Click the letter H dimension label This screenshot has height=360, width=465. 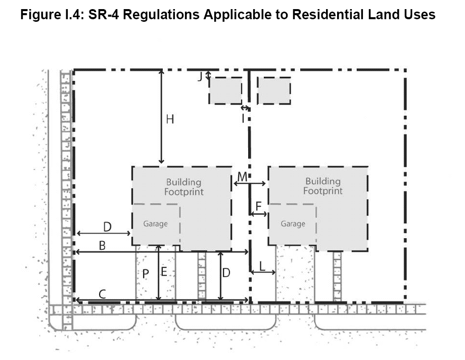point(170,119)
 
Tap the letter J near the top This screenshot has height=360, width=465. point(200,76)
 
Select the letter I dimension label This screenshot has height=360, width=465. point(243,118)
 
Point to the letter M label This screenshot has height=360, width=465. point(242,177)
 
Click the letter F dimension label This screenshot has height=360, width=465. point(259,206)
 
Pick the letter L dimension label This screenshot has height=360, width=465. point(262,266)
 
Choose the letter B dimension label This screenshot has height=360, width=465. point(102,246)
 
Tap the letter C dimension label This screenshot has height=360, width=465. point(102,294)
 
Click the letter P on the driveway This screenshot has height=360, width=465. point(146,274)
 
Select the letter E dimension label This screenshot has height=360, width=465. point(164,272)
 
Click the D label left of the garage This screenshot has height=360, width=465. point(107,227)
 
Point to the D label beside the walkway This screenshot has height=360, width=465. point(226,273)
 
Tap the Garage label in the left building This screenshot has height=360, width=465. point(155,224)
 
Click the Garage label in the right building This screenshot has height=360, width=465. point(293,224)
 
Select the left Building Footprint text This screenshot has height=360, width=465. point(184,187)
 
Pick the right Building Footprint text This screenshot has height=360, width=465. point(323,186)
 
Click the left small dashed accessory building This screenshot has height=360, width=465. point(225,91)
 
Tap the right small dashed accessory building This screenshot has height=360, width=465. point(274,91)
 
